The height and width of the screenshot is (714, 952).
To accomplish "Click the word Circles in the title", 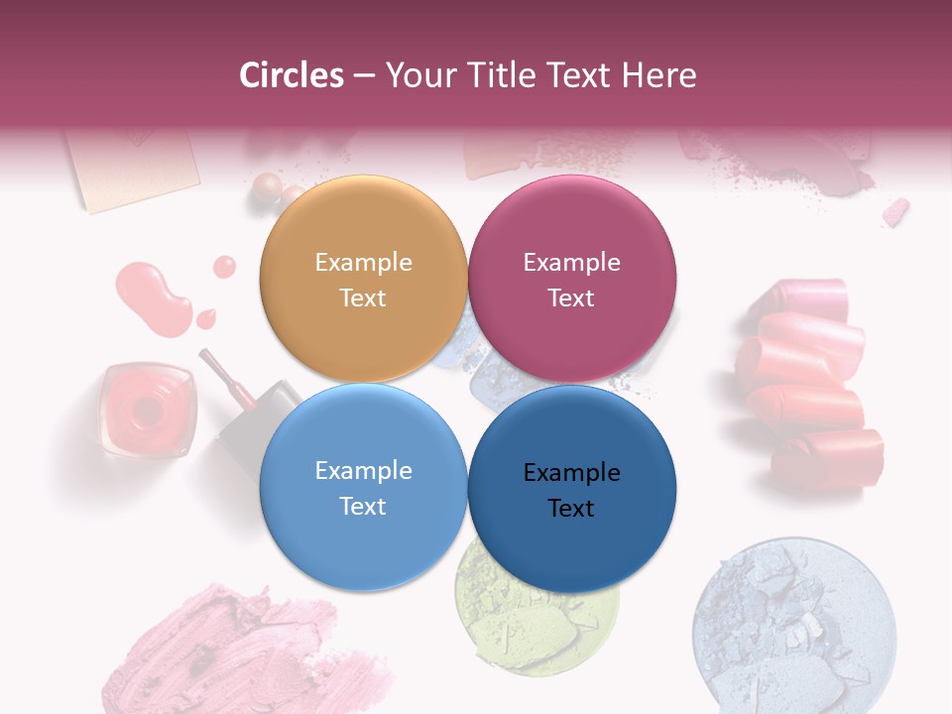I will click(291, 74).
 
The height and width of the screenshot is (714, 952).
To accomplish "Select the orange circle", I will click(363, 279).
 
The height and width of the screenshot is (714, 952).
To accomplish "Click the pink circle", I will click(572, 279).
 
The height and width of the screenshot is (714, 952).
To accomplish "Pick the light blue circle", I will click(363, 488).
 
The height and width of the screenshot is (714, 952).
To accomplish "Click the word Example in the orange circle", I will click(363, 262).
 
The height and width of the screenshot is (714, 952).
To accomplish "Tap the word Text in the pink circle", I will click(571, 297).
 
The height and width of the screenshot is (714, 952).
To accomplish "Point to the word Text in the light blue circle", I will click(363, 506).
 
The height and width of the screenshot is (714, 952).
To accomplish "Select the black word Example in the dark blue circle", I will click(571, 472).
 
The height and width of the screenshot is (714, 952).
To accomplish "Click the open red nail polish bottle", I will click(147, 409).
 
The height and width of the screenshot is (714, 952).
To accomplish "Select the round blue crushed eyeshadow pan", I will click(793, 626).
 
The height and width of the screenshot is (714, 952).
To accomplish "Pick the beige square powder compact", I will click(130, 169).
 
